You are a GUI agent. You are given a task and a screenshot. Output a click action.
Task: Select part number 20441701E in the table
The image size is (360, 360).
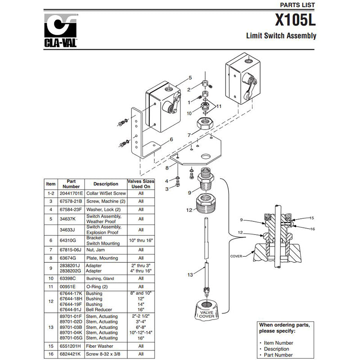coord(71,193)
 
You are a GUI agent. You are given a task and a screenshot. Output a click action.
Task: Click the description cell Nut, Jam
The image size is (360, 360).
coord(95,249)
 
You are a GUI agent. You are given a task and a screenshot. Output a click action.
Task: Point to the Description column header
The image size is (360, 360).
coord(106,184)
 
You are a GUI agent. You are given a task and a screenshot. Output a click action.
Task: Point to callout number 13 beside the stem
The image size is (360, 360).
coord(190,274)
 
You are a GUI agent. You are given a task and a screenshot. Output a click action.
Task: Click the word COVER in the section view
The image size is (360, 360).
coord(236,256)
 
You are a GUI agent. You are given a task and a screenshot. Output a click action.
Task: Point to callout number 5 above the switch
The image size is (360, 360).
coord(190,77)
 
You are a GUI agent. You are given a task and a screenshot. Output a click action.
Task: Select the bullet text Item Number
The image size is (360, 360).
coord(279,342)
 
